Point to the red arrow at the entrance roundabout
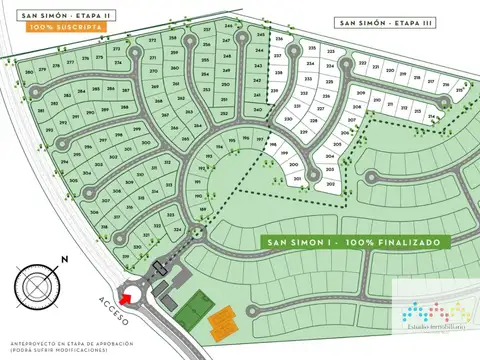[x=126, y=294]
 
